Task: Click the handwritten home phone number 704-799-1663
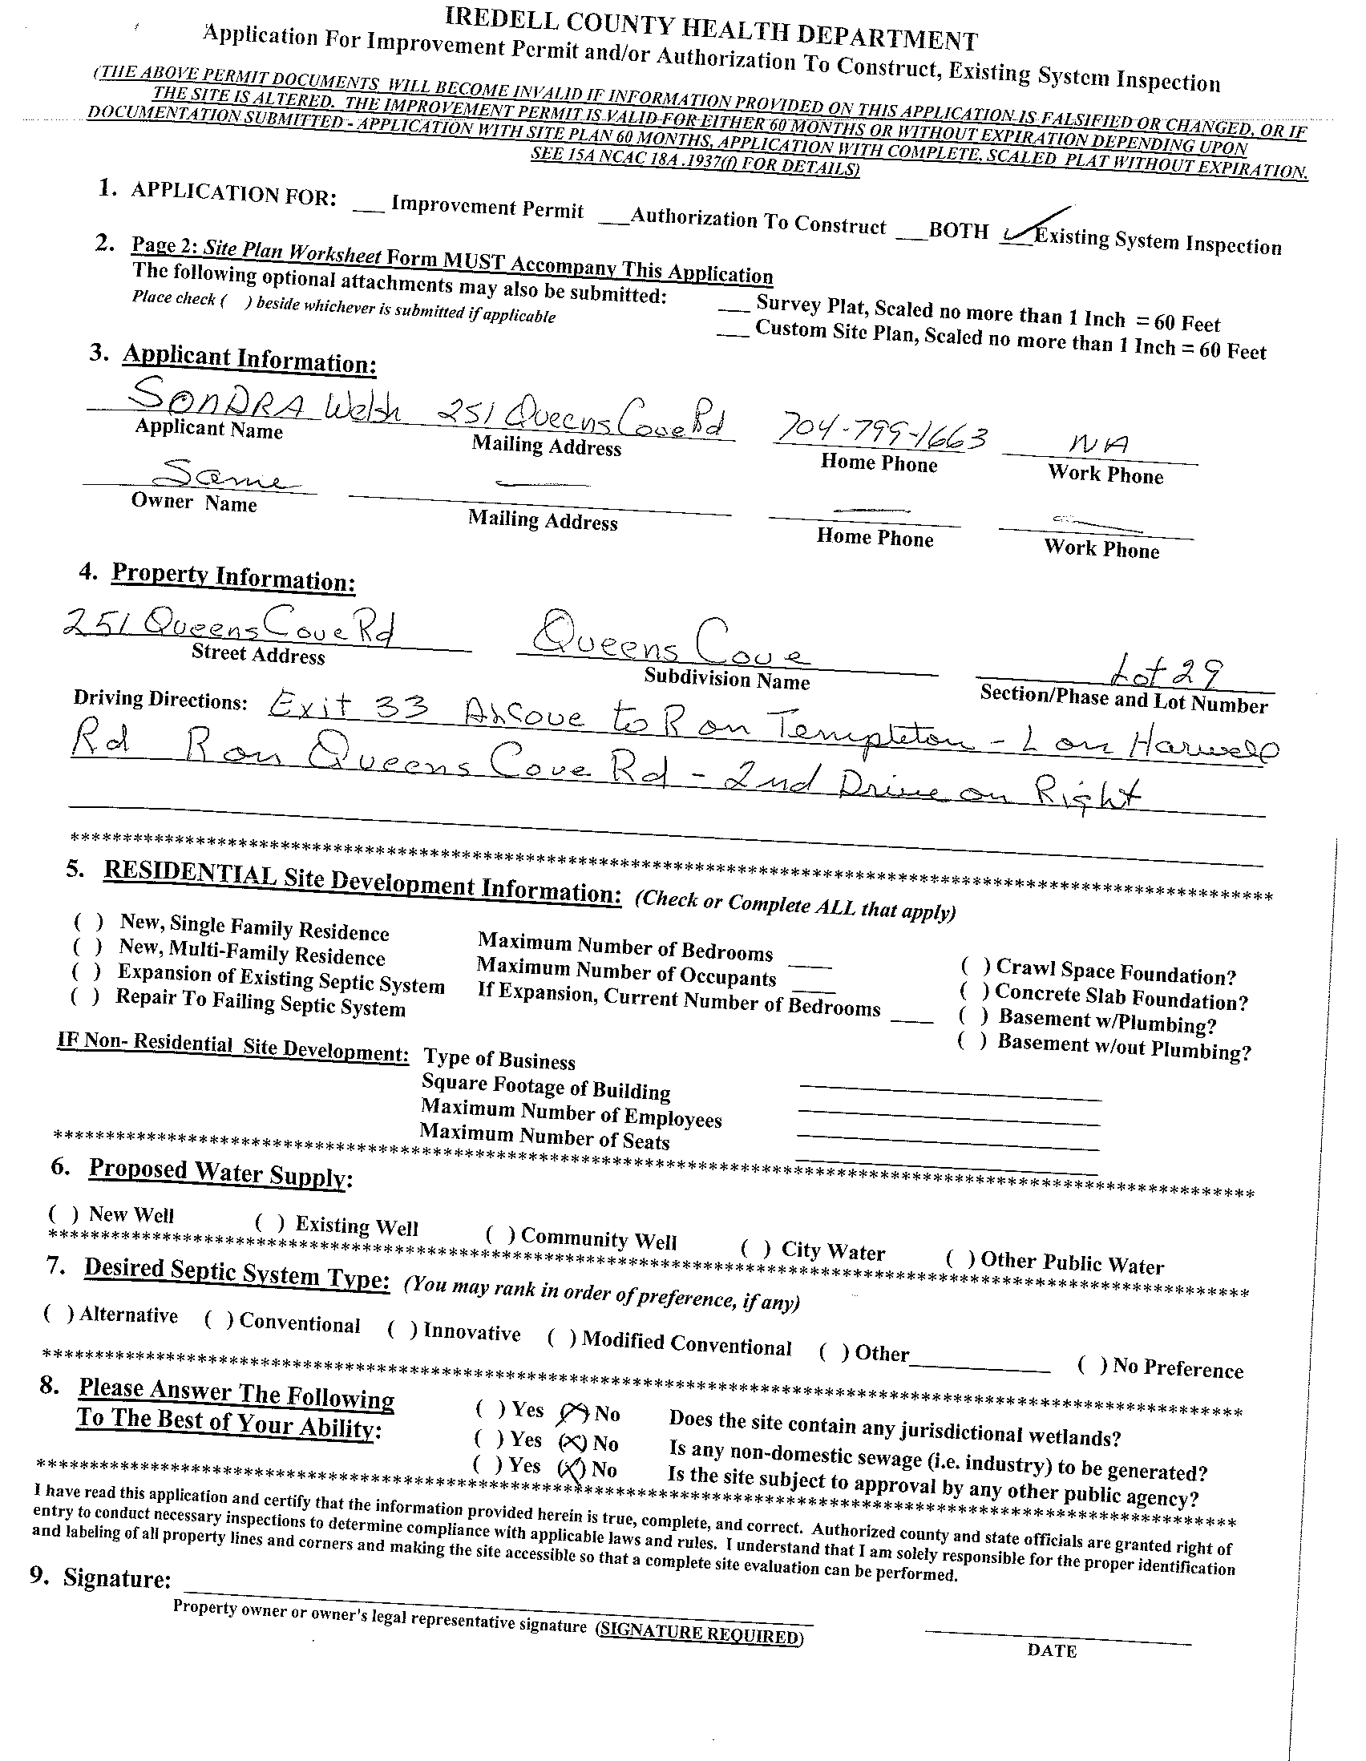click(x=881, y=436)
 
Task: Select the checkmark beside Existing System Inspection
click(x=1029, y=229)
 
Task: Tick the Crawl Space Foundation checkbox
click(x=976, y=965)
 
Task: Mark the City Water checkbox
click(x=756, y=1249)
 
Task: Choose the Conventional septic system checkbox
click(x=220, y=1319)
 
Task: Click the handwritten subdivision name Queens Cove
click(x=668, y=642)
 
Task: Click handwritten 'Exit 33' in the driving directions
click(x=347, y=708)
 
